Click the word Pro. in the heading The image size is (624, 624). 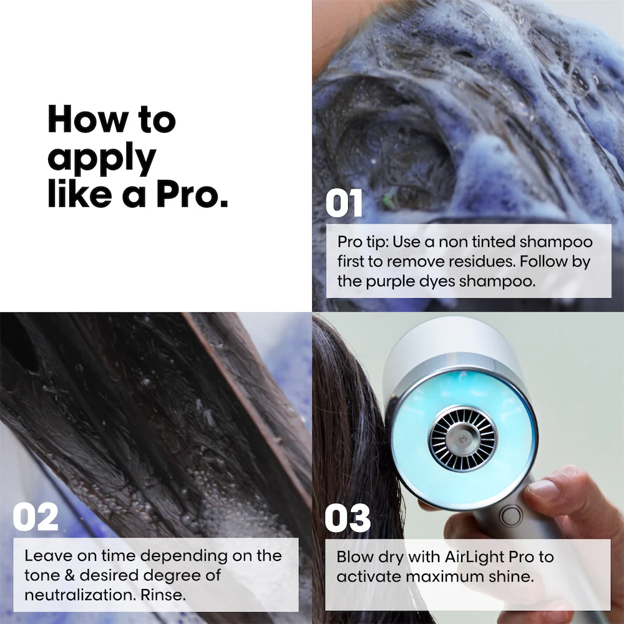tap(192, 194)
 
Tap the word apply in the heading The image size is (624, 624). tap(102, 159)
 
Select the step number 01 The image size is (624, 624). tap(344, 203)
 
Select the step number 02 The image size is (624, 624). tap(36, 517)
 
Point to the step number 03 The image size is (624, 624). tap(348, 518)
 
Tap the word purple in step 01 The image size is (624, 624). tap(390, 282)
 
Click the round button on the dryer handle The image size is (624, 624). tap(511, 516)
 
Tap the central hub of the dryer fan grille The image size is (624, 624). tap(462, 439)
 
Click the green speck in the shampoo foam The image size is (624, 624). tap(388, 200)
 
